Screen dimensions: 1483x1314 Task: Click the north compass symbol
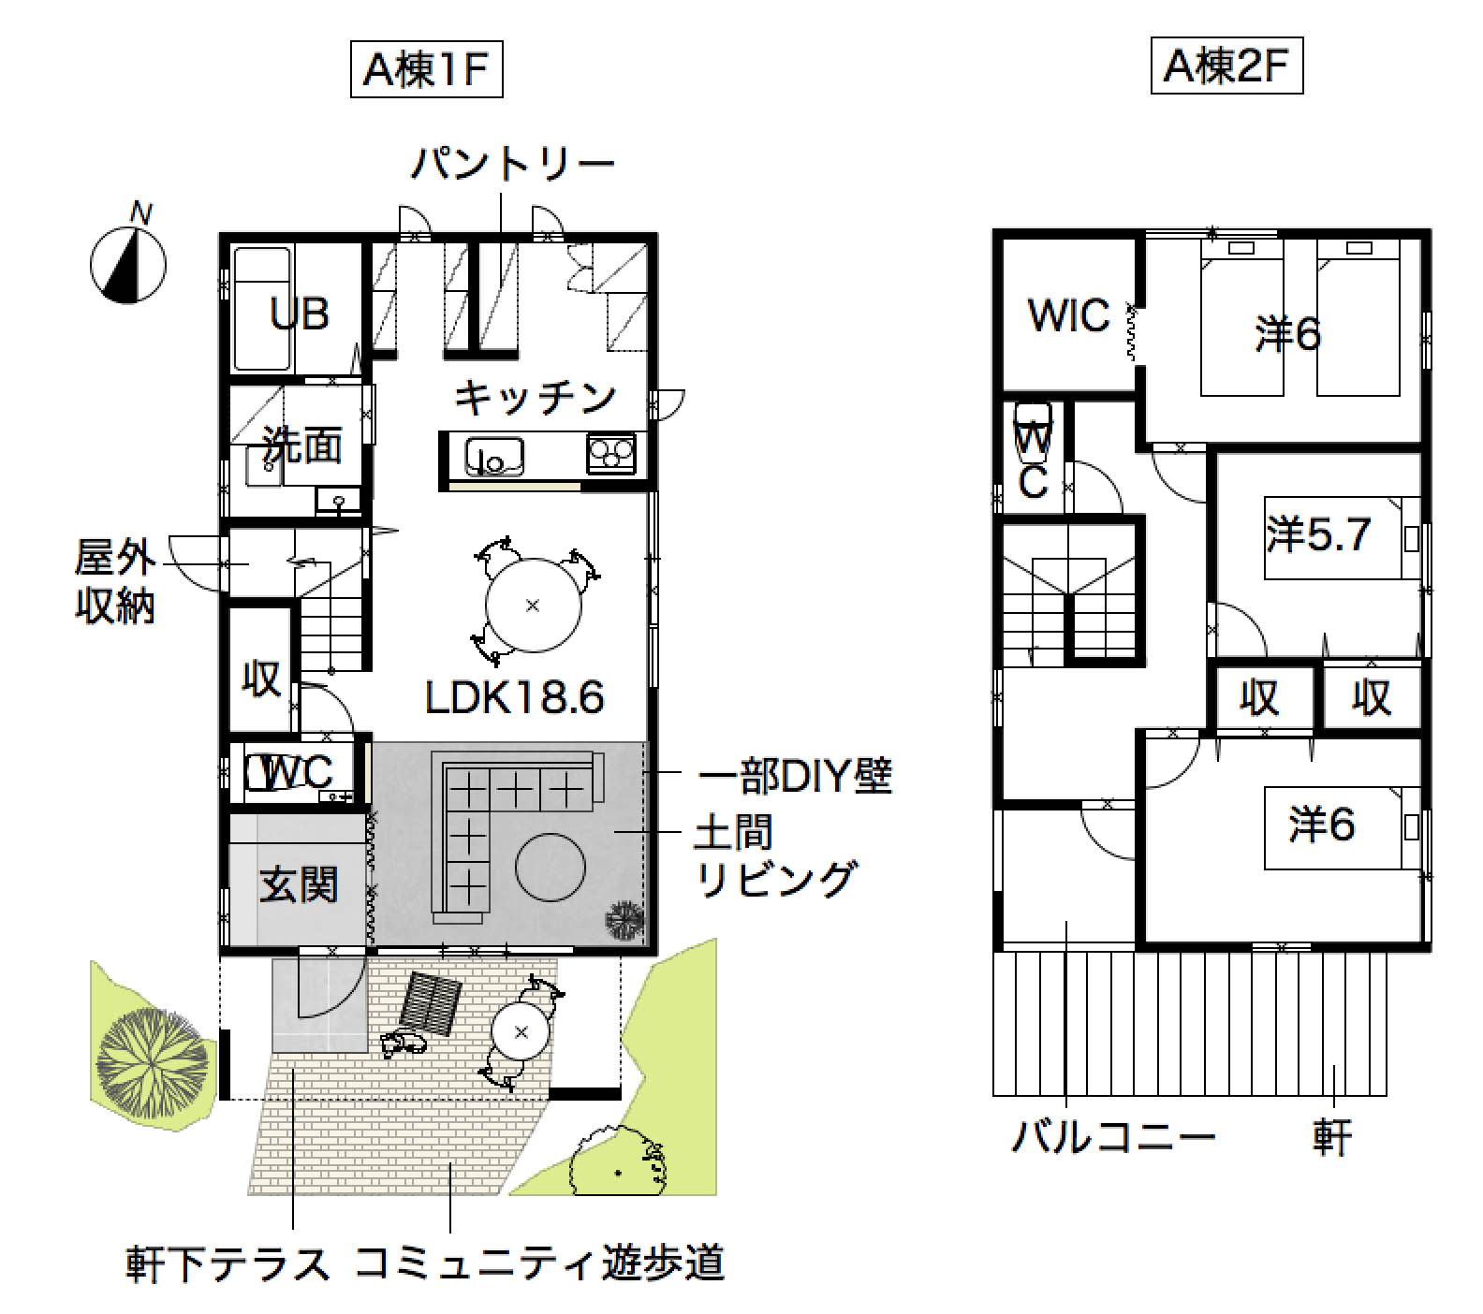point(127,264)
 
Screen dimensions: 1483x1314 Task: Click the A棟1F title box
point(426,69)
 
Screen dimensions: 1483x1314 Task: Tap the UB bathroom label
point(300,314)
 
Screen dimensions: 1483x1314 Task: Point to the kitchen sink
point(493,458)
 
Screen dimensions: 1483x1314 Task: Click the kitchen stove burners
point(610,455)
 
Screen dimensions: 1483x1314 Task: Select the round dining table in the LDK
point(533,605)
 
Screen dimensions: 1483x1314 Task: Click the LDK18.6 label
point(514,696)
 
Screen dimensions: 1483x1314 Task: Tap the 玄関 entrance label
point(299,884)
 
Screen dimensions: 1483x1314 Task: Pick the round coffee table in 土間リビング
point(552,867)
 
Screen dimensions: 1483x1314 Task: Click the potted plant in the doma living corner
point(624,923)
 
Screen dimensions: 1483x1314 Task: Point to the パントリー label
point(513,164)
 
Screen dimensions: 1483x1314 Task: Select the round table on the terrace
point(521,1032)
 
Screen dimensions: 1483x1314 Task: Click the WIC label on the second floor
point(1068,315)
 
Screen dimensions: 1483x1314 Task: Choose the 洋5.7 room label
point(1318,534)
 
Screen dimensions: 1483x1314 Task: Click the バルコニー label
point(1113,1138)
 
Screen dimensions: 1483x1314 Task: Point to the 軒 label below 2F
point(1331,1138)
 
